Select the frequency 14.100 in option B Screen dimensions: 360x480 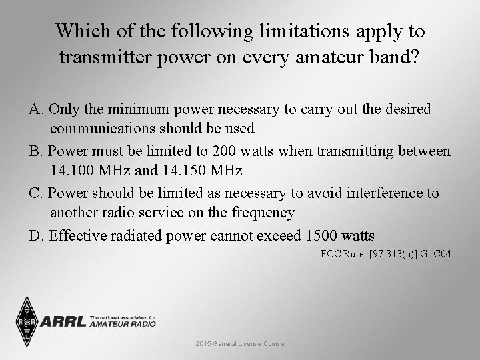pyautogui.click(x=71, y=171)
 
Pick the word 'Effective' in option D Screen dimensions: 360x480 pyautogui.click(x=77, y=235)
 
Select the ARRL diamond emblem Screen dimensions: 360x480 pyautogui.click(x=27, y=321)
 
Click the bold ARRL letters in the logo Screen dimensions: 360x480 pyautogui.click(x=63, y=322)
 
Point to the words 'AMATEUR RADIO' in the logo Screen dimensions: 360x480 pyautogui.click(x=123, y=324)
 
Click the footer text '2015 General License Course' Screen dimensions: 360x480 pyautogui.click(x=240, y=343)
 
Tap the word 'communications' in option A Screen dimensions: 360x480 pyautogui.click(x=101, y=128)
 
